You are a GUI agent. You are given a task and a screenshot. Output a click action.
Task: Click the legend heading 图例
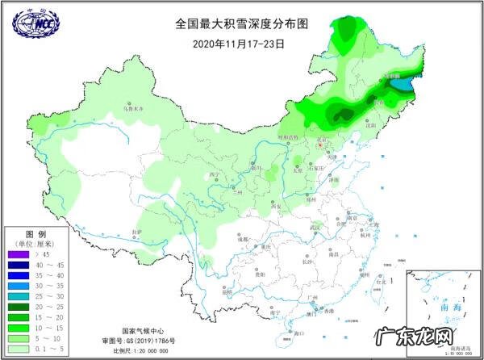27,233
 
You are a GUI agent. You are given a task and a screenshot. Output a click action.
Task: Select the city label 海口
299,332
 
